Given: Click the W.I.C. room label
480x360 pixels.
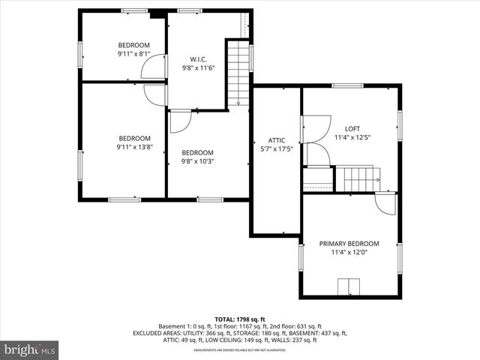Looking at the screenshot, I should pos(198,58).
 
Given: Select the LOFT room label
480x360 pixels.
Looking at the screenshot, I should pos(352,128).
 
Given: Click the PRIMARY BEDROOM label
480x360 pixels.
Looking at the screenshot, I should pos(349,244).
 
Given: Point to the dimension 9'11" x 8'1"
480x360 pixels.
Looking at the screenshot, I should pos(133,54).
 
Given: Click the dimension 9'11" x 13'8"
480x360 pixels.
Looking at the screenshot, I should pos(134,147).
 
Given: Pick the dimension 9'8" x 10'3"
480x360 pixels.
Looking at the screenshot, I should pos(198,161).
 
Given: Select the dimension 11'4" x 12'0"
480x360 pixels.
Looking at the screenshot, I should pos(349,253).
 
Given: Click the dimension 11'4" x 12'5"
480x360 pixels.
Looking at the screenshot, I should pos(352,137).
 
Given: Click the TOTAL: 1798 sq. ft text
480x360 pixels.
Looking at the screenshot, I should pos(240,319).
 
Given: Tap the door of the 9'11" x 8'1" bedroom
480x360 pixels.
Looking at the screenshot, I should pos(154,68).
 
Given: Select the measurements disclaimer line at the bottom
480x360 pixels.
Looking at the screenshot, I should pos(240,350).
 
